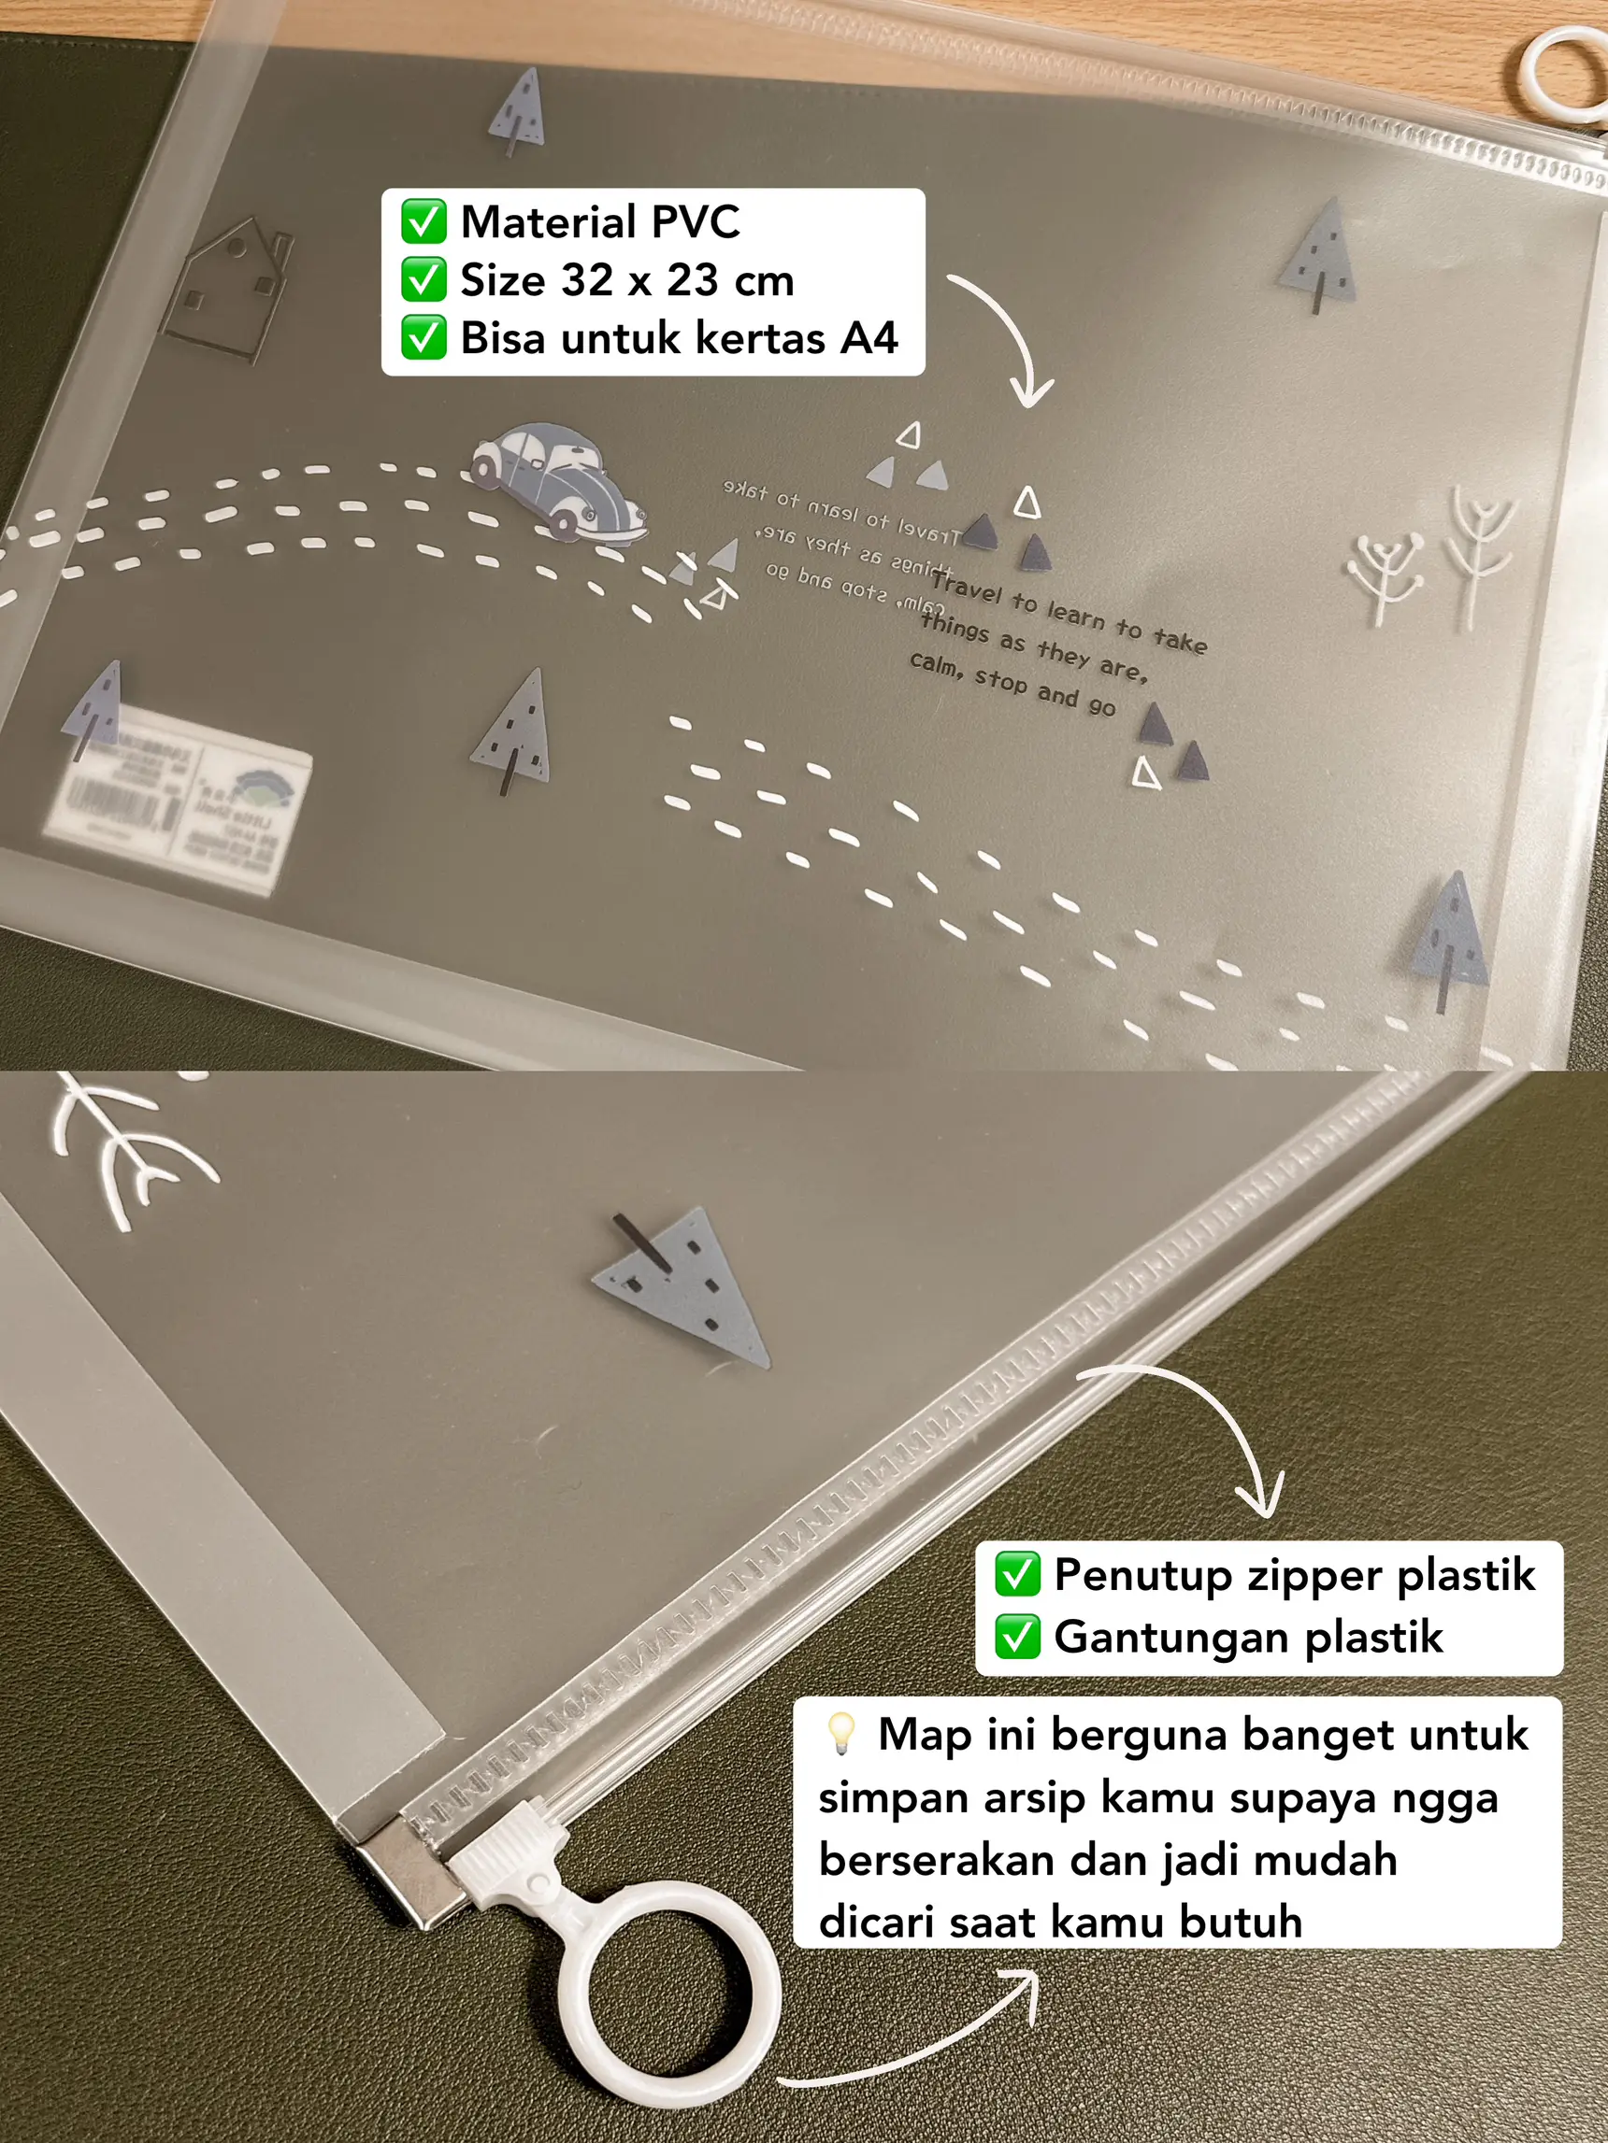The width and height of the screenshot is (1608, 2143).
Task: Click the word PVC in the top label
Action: pyautogui.click(x=695, y=221)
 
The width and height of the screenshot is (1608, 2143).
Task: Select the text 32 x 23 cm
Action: pyautogui.click(x=676, y=281)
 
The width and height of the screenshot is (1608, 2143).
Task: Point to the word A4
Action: pyautogui.click(x=869, y=338)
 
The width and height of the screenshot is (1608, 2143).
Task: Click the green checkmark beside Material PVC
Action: pyautogui.click(x=424, y=221)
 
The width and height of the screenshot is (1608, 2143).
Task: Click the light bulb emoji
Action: pyautogui.click(x=840, y=1733)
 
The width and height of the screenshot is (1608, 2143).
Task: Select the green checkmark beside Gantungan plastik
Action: pyautogui.click(x=1017, y=1638)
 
